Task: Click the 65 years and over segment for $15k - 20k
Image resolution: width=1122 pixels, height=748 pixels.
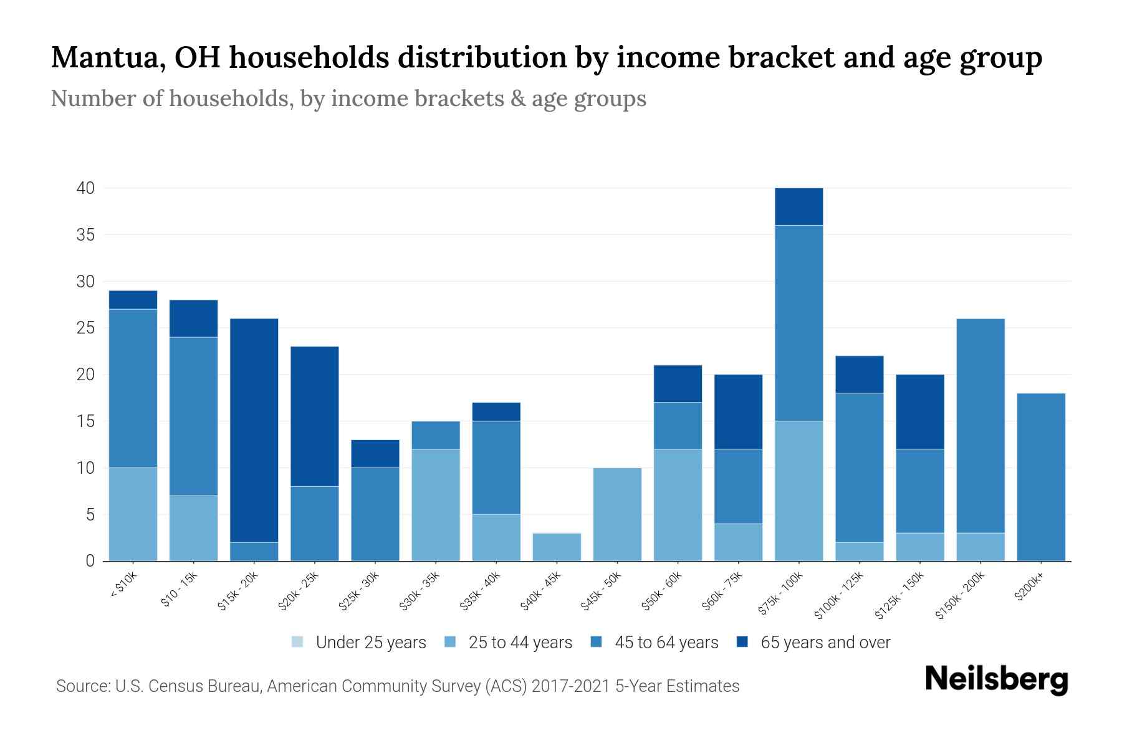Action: pos(254,430)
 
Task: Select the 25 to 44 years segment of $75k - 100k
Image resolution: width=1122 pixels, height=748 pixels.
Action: pos(798,491)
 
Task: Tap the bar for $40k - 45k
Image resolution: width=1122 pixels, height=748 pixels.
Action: pos(557,547)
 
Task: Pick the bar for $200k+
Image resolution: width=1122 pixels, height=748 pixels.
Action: pos(1040,477)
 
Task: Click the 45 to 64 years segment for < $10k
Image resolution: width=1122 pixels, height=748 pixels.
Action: pos(133,388)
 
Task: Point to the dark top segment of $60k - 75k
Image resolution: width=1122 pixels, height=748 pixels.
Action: pos(738,411)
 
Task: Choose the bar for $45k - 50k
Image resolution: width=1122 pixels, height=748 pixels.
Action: pos(617,514)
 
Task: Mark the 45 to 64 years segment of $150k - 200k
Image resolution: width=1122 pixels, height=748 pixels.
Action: pos(980,426)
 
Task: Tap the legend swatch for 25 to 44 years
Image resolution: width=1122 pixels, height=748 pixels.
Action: pos(451,642)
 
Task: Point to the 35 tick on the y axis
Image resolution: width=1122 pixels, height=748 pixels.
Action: pos(85,235)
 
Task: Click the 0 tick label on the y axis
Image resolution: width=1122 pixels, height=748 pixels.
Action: pos(90,561)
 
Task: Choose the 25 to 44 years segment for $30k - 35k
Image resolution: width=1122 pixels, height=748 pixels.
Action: pos(436,505)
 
